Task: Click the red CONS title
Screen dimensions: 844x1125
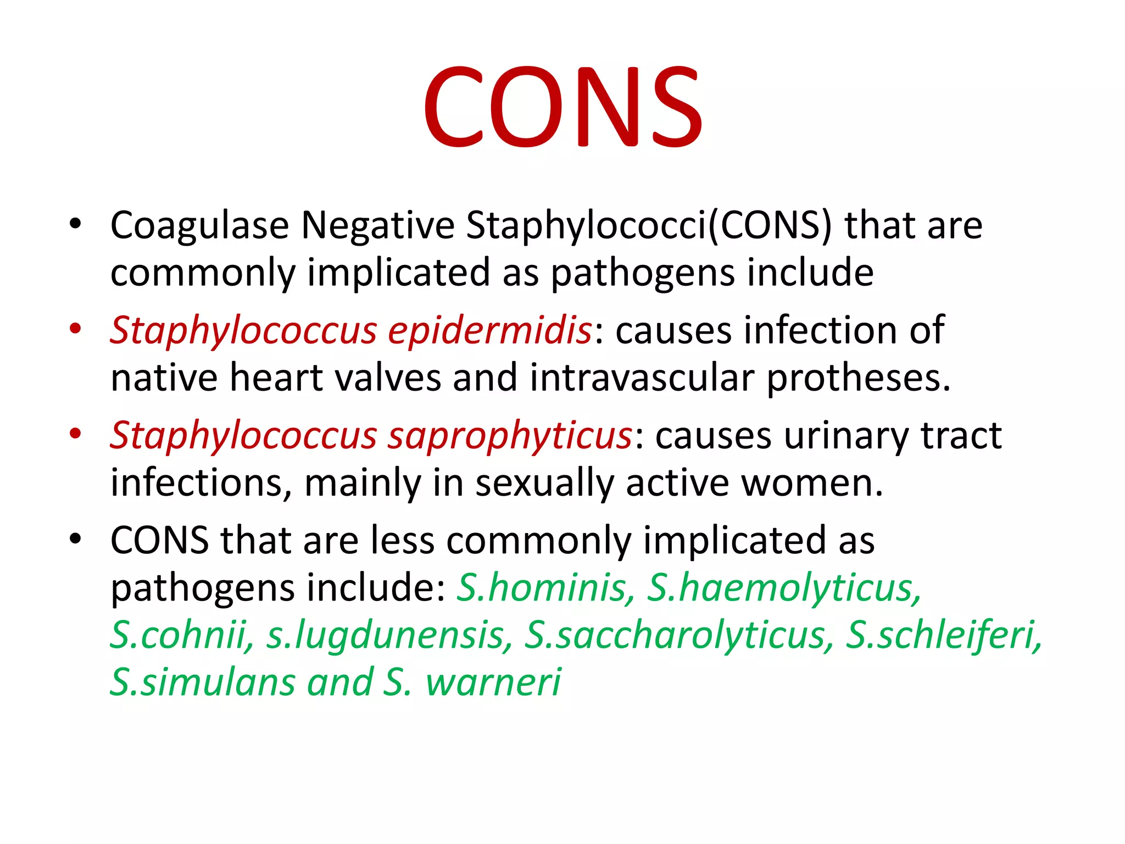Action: [562, 107]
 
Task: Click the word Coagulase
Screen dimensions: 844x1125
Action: [199, 225]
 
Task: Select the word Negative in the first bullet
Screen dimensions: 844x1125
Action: [378, 225]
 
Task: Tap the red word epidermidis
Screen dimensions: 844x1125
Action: [490, 331]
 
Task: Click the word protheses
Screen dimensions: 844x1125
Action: [858, 378]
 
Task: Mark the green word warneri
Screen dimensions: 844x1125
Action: [493, 682]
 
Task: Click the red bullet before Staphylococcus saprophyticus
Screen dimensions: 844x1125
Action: [75, 434]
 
